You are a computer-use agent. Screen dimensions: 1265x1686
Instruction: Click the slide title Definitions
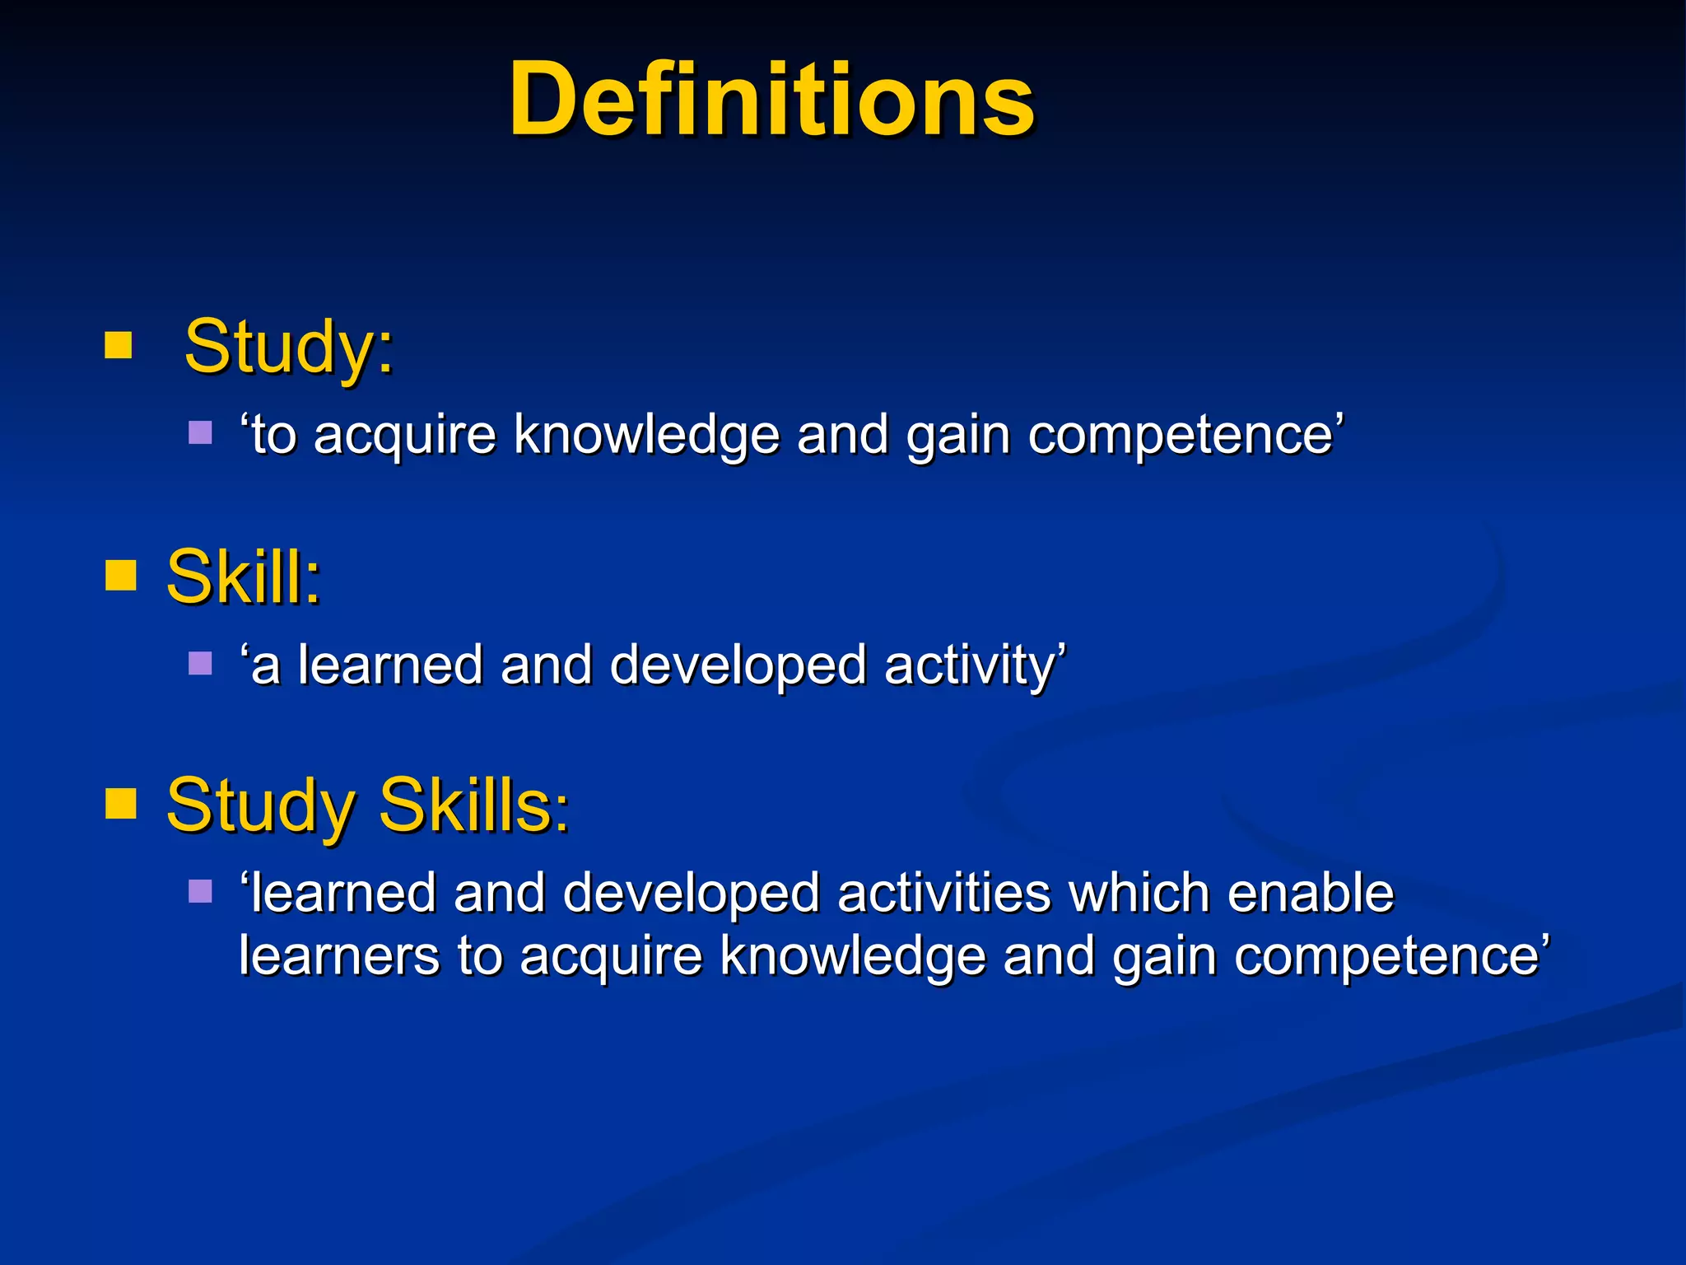pos(771,100)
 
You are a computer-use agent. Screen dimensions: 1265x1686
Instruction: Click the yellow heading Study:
pos(289,347)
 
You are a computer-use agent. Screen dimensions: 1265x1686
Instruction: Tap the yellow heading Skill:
pos(243,577)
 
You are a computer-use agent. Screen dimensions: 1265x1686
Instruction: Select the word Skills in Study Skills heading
pos(473,805)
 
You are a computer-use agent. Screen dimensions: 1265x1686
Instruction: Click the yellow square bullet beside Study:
pos(119,346)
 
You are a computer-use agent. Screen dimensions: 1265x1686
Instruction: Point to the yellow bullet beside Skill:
pos(120,576)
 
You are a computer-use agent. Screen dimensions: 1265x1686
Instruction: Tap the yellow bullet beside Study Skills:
pos(120,805)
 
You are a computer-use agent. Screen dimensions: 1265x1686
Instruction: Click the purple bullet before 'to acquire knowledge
pos(200,432)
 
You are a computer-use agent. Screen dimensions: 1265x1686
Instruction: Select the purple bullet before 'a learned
pos(200,663)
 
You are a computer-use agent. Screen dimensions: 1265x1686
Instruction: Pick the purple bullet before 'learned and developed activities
pos(200,891)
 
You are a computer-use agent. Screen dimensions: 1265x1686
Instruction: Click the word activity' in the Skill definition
pos(976,665)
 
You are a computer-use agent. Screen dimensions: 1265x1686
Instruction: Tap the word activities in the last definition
pos(943,893)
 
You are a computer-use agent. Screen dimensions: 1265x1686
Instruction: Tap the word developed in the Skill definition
pos(738,665)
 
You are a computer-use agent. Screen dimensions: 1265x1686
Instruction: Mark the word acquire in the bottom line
pos(610,958)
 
